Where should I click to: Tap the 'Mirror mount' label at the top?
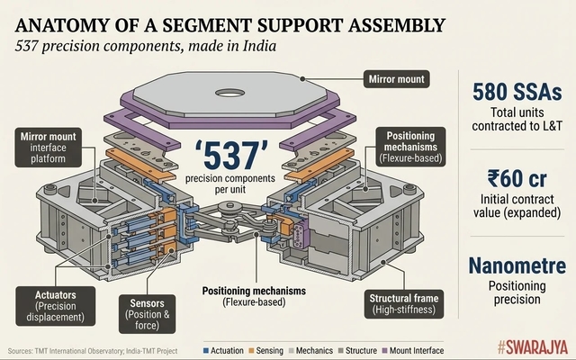[397, 79]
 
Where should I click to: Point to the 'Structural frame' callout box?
[401, 303]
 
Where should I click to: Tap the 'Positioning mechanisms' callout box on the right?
[409, 145]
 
